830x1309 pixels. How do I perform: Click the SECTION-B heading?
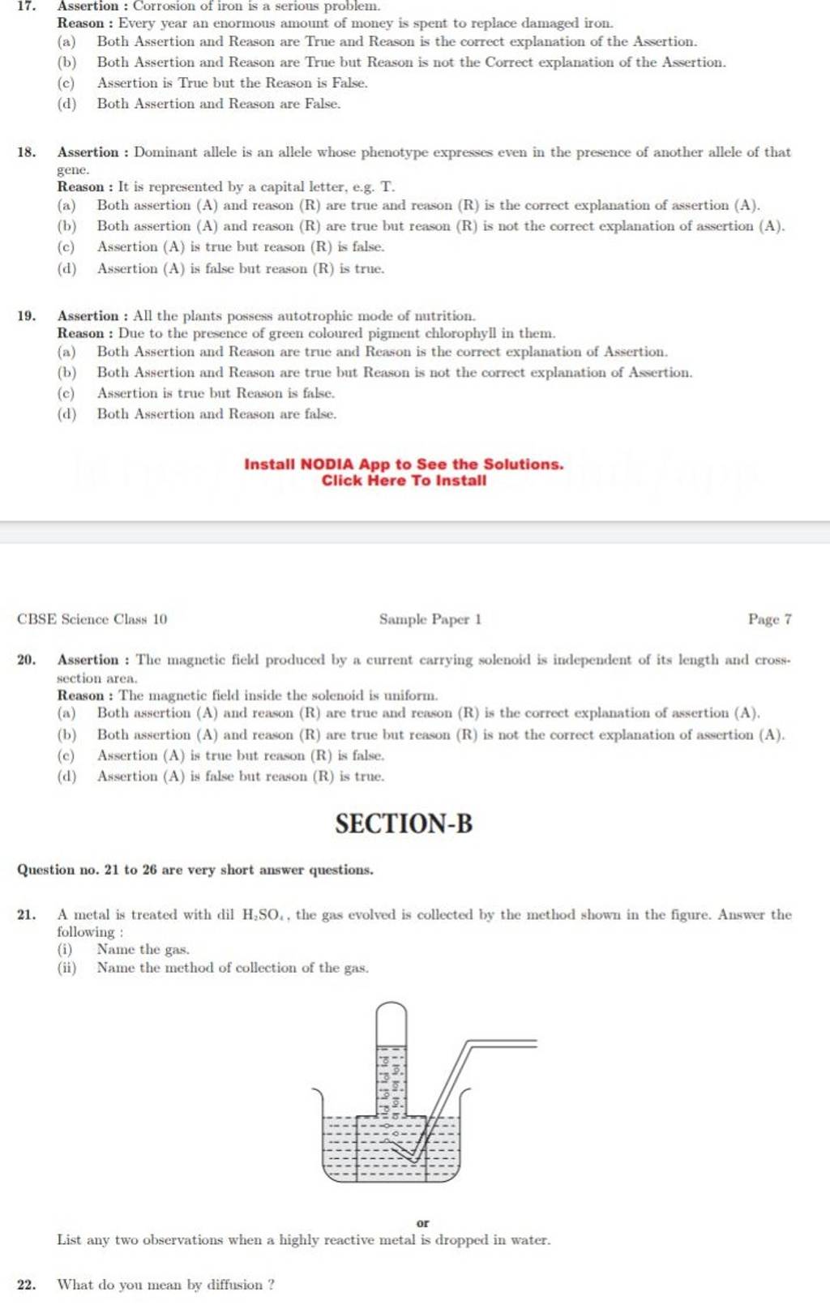coord(404,823)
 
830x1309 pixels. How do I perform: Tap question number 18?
coord(26,152)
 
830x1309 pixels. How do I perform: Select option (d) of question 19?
coord(66,414)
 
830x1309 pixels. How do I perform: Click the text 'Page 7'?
coord(769,619)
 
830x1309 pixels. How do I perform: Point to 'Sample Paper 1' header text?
coord(430,619)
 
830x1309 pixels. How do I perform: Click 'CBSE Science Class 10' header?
coord(92,619)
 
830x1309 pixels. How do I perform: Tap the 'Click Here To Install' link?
coord(404,481)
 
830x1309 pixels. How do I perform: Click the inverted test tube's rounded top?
coord(391,1010)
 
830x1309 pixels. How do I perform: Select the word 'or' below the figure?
coord(422,1222)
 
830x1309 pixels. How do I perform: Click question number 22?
coord(26,1285)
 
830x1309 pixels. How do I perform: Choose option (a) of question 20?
coord(66,713)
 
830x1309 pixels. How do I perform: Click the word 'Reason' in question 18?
coord(80,187)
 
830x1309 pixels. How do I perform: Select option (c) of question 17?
coord(66,83)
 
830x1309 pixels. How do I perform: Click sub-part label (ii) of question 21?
coord(65,968)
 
